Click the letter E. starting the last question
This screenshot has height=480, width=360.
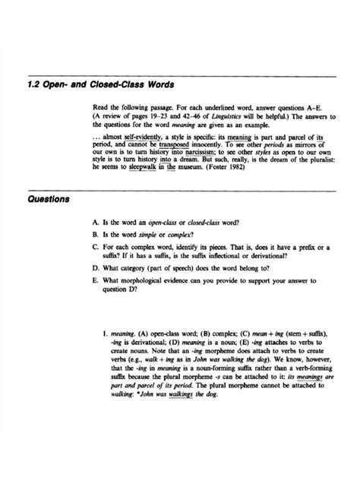(93, 279)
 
